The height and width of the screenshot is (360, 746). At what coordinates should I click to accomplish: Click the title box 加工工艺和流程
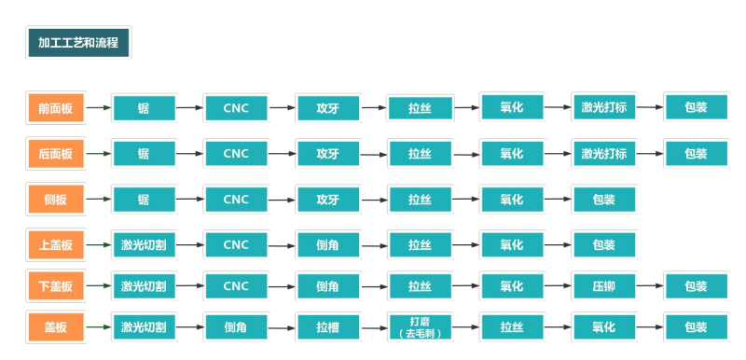(x=78, y=43)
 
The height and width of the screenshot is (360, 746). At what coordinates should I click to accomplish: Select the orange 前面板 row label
(x=55, y=108)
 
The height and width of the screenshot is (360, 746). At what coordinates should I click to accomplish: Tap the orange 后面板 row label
(x=55, y=154)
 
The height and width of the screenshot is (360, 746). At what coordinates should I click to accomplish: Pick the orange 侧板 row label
(x=55, y=200)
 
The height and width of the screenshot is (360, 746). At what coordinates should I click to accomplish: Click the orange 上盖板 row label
(x=55, y=245)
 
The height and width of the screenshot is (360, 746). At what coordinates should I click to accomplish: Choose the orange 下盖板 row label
(x=55, y=286)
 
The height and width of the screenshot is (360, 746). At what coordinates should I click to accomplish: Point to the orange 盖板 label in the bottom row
(x=55, y=327)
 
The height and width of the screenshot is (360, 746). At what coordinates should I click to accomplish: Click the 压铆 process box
(x=603, y=286)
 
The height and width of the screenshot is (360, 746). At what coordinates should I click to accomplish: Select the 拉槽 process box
(x=327, y=327)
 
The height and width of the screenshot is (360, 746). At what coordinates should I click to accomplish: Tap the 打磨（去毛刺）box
(x=420, y=327)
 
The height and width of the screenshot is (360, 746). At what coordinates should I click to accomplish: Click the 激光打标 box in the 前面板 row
(x=603, y=107)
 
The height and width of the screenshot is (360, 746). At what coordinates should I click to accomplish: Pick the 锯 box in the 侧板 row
(x=144, y=200)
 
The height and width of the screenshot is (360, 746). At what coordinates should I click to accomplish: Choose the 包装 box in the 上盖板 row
(x=603, y=245)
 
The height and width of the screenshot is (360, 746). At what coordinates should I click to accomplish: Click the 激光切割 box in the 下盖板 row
(x=144, y=286)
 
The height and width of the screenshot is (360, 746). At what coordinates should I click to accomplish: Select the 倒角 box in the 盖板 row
(x=235, y=327)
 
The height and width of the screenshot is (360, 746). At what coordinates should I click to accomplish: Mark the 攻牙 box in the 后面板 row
(x=327, y=154)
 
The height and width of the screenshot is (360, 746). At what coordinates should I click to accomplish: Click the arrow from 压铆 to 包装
(x=650, y=287)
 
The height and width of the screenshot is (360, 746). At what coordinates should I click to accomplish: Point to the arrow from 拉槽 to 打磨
(x=374, y=328)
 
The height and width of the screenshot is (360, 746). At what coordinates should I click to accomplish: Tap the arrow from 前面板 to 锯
(x=98, y=108)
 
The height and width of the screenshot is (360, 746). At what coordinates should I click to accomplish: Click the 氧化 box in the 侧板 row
(x=511, y=200)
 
